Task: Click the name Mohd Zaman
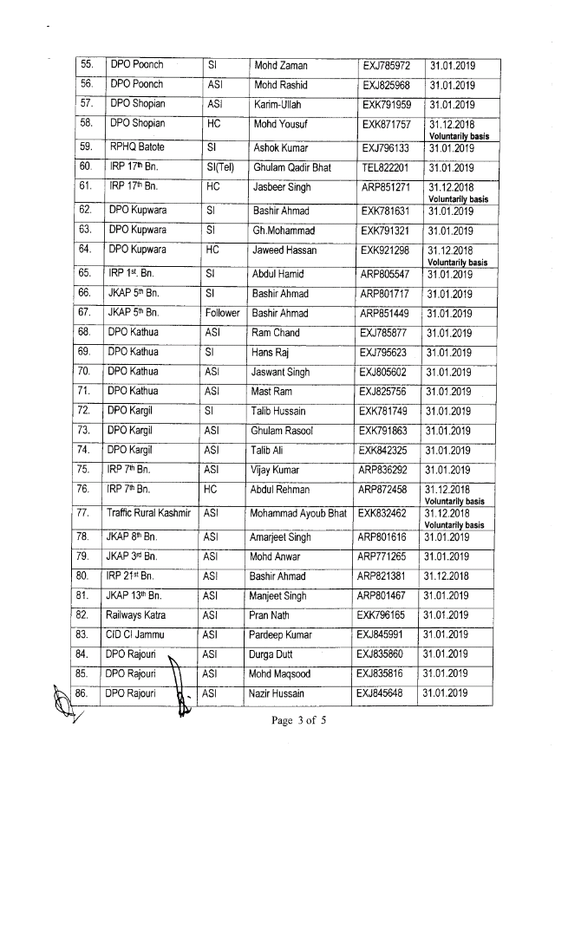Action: pos(280,66)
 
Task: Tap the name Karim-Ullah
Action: pos(277,105)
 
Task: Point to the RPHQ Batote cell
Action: pos(138,147)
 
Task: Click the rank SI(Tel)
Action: pos(219,167)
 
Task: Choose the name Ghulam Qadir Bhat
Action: pos(291,167)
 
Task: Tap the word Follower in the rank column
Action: pos(222,313)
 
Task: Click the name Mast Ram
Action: pos(271,392)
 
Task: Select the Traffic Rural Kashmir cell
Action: pos(147,513)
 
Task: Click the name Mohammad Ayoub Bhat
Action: pos(297,513)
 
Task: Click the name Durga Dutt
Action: pos(272,653)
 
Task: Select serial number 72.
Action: pos(84,411)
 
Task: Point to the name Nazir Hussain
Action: pos(278,692)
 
